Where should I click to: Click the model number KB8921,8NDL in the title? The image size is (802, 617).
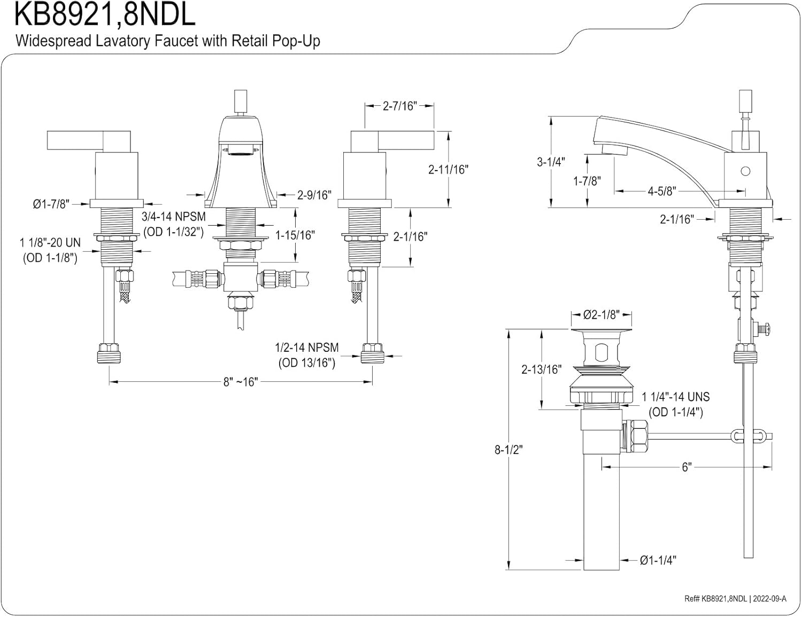(105, 15)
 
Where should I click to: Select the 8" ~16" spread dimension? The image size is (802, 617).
(241, 382)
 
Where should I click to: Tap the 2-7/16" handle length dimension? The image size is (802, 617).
(399, 106)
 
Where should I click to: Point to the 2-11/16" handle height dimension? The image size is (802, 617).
(448, 169)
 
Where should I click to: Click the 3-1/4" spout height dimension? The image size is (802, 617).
(551, 161)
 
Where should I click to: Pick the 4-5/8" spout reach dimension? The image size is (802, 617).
(662, 191)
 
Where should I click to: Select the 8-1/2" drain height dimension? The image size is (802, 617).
(508, 450)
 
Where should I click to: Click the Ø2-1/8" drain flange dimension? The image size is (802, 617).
(601, 315)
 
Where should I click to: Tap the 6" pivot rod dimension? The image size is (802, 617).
(687, 467)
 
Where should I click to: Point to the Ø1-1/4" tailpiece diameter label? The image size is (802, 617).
(658, 560)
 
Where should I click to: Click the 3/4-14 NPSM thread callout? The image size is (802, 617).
(174, 217)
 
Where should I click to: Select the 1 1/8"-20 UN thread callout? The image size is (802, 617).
(50, 243)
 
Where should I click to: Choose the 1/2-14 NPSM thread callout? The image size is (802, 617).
(306, 348)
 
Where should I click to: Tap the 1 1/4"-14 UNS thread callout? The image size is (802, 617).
(676, 397)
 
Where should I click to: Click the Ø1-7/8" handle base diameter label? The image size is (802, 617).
(51, 204)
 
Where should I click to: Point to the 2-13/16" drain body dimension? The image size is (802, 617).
(542, 369)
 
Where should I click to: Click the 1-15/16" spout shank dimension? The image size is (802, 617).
(295, 235)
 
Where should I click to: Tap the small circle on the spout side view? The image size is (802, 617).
(745, 172)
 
